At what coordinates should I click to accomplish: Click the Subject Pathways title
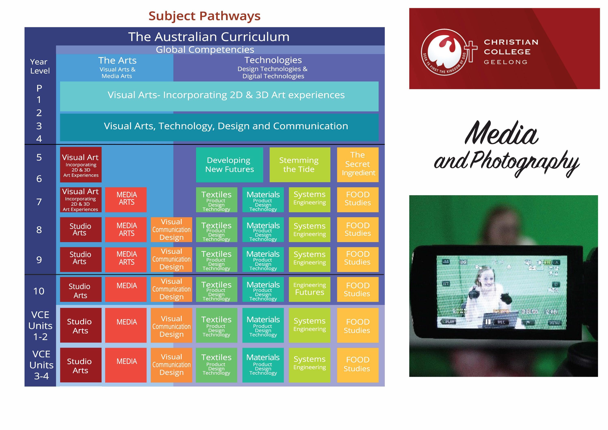point(204,16)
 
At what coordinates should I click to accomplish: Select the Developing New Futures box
point(229,165)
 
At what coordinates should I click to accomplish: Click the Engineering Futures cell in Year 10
point(309,289)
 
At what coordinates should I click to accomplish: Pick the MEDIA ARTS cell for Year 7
point(126,200)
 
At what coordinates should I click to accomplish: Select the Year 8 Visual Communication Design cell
point(171,230)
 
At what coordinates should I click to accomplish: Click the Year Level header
point(40,66)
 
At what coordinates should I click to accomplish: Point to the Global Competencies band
point(205,50)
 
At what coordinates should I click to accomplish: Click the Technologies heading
point(273,60)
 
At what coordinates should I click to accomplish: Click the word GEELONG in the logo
point(506,62)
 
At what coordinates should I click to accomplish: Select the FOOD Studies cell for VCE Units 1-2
point(358,325)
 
